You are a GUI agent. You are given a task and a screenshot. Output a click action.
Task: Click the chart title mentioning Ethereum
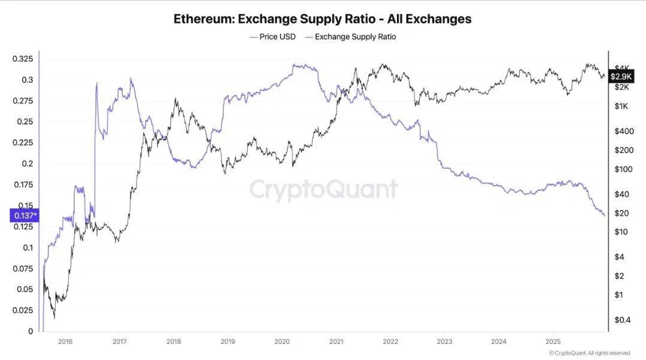pyautogui.click(x=323, y=19)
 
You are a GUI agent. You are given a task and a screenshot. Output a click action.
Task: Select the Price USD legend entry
pyautogui.click(x=273, y=37)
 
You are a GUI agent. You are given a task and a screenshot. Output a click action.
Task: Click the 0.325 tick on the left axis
pyautogui.click(x=23, y=59)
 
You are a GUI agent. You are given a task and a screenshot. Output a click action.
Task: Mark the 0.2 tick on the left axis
pyautogui.click(x=27, y=164)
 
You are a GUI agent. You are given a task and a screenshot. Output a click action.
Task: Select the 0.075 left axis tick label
pyautogui.click(x=23, y=268)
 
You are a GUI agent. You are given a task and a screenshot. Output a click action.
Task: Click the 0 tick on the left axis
pyautogui.click(x=31, y=331)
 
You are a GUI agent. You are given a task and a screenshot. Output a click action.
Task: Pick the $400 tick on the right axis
pyautogui.click(x=624, y=131)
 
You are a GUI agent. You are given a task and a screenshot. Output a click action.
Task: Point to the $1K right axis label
pyautogui.click(x=621, y=106)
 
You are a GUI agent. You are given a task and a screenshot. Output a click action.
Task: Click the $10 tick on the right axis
pyautogui.click(x=621, y=232)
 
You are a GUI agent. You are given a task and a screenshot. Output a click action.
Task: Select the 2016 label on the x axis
pyautogui.click(x=65, y=341)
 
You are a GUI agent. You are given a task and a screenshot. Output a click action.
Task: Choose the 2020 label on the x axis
pyautogui.click(x=282, y=341)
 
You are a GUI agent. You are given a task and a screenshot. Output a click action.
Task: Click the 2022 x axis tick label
pyautogui.click(x=390, y=341)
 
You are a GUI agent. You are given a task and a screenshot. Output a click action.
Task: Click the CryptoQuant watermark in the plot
pyautogui.click(x=323, y=189)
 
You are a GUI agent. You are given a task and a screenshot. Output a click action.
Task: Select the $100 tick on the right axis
pyautogui.click(x=624, y=169)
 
